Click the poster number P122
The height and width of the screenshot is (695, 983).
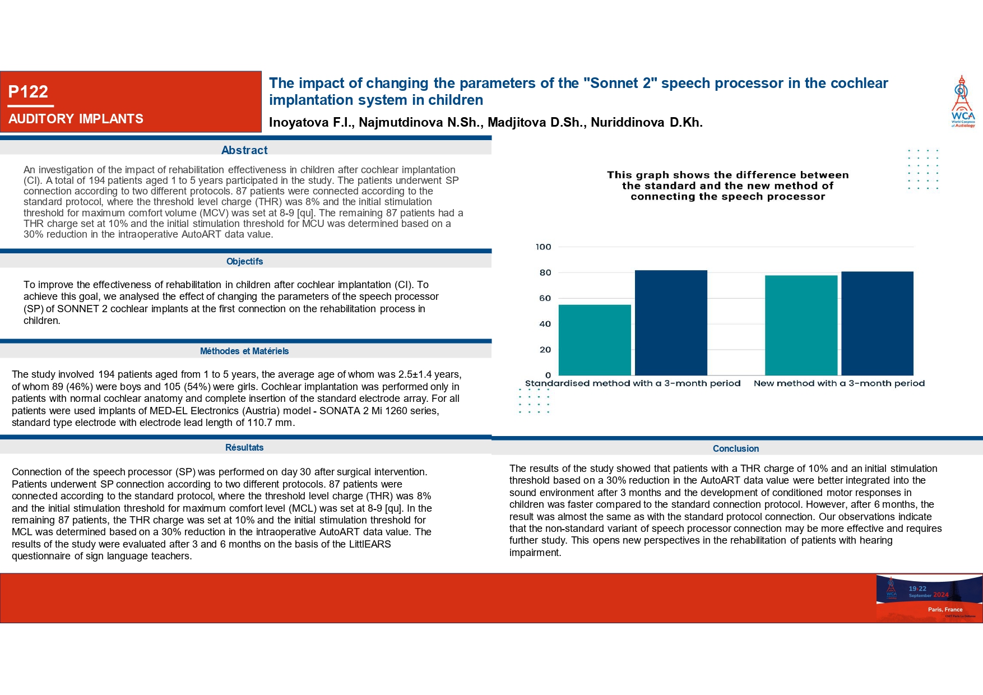[28, 92]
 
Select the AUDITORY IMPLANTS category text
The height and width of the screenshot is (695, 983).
[76, 119]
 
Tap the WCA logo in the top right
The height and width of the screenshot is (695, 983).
[963, 101]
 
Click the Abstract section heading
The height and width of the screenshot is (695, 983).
[244, 150]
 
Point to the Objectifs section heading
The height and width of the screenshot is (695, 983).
[244, 262]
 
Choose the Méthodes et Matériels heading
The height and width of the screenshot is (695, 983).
[244, 351]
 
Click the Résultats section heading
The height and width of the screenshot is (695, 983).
[244, 448]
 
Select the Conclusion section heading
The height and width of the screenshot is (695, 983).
[735, 449]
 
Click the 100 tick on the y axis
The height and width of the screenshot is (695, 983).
[543, 247]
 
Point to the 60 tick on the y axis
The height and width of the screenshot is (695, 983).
[545, 299]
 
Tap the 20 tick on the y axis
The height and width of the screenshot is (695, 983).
[545, 350]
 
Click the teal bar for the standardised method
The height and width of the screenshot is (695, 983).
[595, 340]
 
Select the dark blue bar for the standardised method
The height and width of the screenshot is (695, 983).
[671, 323]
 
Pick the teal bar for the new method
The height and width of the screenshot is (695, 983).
[801, 325]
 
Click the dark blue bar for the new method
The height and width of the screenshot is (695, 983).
[877, 323]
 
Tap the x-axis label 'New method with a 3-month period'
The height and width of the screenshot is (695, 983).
[839, 383]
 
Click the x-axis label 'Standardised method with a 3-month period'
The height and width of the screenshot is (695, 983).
[633, 383]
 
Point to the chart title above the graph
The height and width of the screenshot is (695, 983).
[727, 186]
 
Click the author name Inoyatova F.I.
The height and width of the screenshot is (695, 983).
[311, 123]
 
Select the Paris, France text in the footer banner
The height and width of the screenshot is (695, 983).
[945, 609]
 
